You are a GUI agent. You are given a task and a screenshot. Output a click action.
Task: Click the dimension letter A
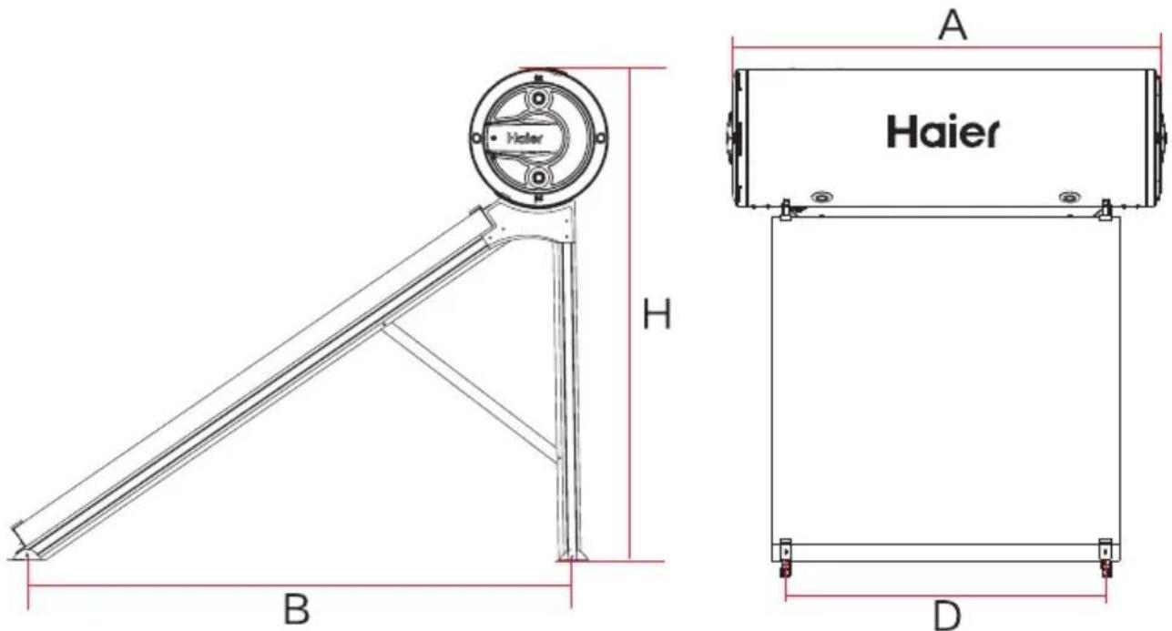tap(953, 25)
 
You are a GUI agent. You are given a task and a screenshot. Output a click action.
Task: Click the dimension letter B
tap(297, 608)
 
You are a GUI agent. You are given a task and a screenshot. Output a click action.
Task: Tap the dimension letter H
tap(657, 313)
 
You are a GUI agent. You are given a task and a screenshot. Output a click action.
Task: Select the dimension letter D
tap(948, 616)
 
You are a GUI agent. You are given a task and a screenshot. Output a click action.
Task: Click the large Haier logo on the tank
tap(943, 131)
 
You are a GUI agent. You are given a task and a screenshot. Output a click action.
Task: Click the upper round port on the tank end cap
tap(538, 98)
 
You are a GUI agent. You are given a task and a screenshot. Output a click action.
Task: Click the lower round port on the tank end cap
tap(538, 178)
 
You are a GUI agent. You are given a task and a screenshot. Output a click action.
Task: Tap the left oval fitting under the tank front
tap(822, 198)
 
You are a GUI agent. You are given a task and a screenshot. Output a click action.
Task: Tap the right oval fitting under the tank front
tap(1069, 198)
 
